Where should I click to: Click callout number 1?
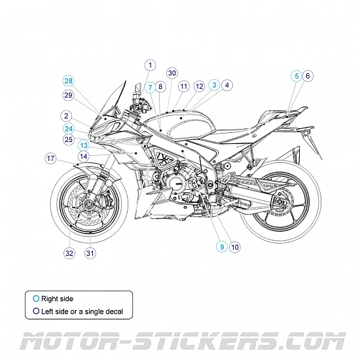(150, 65)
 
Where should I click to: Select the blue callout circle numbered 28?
(69, 81)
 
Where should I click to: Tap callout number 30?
(172, 73)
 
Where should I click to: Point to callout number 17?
(50, 158)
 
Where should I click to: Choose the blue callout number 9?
(222, 247)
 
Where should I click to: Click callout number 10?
(235, 247)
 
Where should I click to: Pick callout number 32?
(69, 253)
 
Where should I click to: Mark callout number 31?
(90, 253)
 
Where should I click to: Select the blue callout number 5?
(296, 76)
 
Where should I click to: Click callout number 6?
(308, 76)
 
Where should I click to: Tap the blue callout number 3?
(214, 85)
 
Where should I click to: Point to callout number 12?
(200, 86)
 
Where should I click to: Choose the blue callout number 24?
(69, 128)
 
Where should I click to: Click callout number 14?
(84, 156)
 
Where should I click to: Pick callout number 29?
(69, 96)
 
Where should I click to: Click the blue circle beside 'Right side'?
(36, 298)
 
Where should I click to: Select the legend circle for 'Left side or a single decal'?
(36, 312)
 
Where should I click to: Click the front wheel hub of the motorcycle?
(88, 209)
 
